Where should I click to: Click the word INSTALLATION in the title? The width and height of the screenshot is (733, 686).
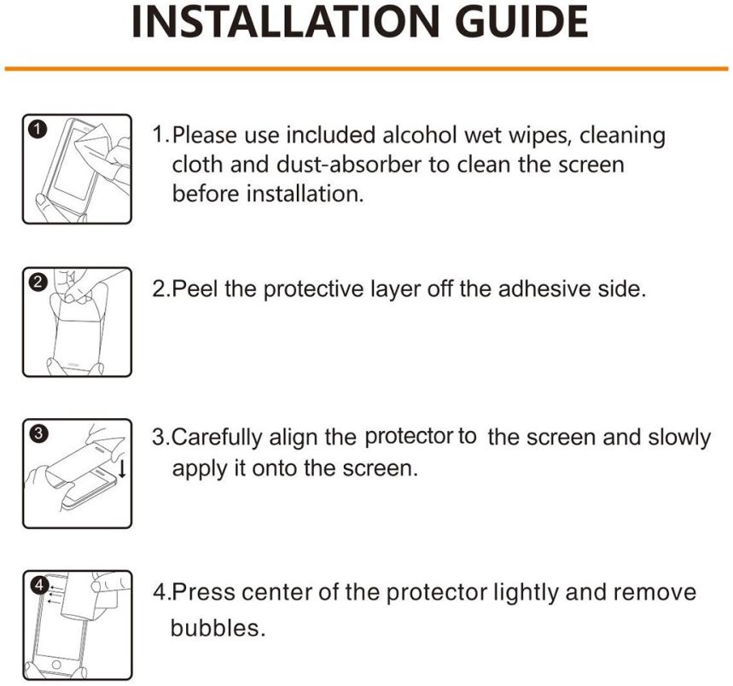[x=285, y=21]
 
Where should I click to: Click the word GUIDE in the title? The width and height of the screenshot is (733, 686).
[x=521, y=21]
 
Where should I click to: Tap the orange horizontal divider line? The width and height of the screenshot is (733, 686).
[x=367, y=69]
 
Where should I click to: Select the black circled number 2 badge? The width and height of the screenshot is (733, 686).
[x=38, y=282]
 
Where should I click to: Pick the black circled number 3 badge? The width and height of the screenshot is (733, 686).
[x=38, y=433]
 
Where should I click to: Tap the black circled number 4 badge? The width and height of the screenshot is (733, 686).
[x=39, y=585]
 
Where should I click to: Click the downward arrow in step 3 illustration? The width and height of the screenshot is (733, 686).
[x=123, y=468]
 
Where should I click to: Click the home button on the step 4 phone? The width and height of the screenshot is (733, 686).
[x=56, y=664]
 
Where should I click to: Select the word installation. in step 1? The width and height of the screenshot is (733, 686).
[x=305, y=194]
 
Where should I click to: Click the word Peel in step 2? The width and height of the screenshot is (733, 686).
[x=195, y=288]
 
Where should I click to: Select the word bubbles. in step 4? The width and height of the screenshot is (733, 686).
[x=218, y=628]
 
